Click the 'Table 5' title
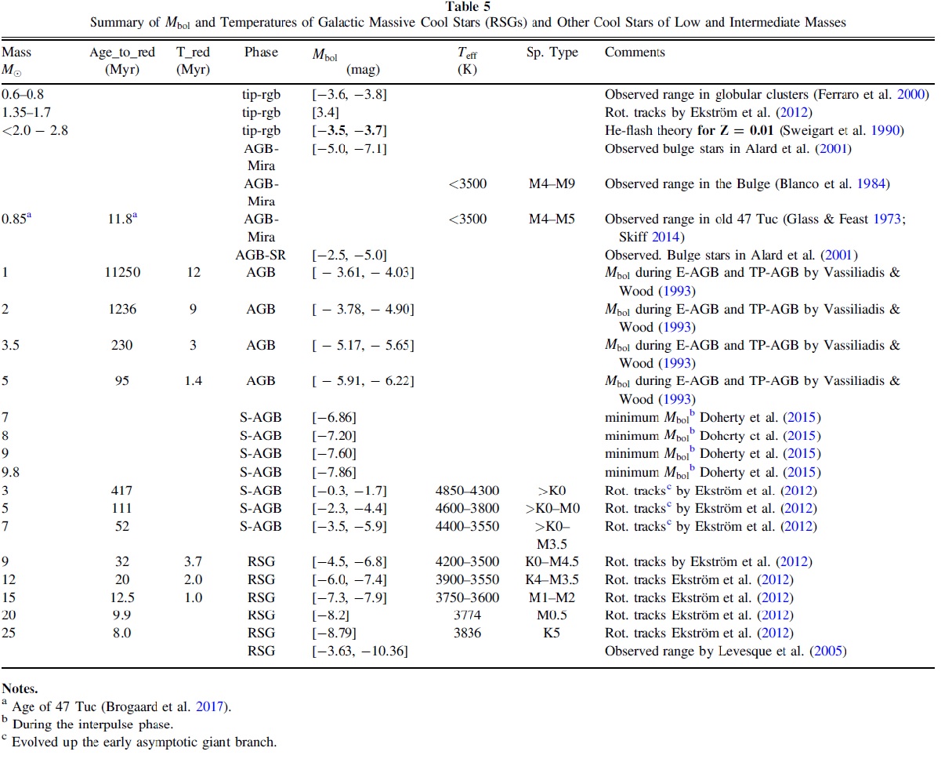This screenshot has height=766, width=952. coord(468,6)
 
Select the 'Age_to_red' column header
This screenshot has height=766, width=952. coord(122,53)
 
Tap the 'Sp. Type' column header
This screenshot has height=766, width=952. coord(552,53)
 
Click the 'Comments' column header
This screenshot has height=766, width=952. coord(635,52)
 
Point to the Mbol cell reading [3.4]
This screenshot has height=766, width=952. coord(325,112)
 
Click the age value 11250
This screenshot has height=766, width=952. coord(122,272)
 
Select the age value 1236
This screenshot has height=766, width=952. coord(122,309)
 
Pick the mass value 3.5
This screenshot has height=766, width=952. coord(10,345)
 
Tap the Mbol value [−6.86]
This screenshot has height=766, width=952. coord(334,417)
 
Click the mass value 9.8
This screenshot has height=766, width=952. coord(10,472)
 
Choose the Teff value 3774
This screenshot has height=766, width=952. coord(467,615)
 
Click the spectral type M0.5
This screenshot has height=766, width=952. coord(552,615)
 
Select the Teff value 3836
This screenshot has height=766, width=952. coord(467,633)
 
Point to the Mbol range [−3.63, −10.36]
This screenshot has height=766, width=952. coord(360,651)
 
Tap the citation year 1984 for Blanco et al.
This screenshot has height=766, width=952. coord(871,183)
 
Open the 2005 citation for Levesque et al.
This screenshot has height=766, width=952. coord(827,651)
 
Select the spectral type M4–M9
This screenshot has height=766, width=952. coord(552,183)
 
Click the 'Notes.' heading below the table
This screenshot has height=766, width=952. coord(20,688)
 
